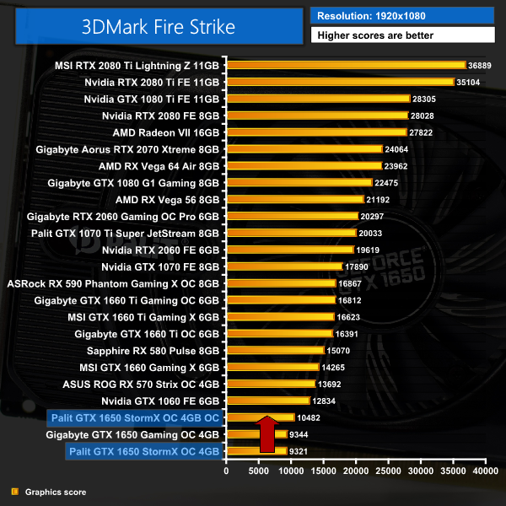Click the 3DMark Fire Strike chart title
coord(158,26)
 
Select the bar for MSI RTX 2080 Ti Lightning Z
coord(346,65)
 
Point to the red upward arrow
coord(266,435)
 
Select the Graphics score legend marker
coord(13,492)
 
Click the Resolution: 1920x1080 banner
coord(402,15)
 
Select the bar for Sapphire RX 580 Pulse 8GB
coord(275,350)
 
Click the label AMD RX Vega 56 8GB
coord(167,200)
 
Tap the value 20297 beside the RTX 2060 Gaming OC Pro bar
coord(374,216)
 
